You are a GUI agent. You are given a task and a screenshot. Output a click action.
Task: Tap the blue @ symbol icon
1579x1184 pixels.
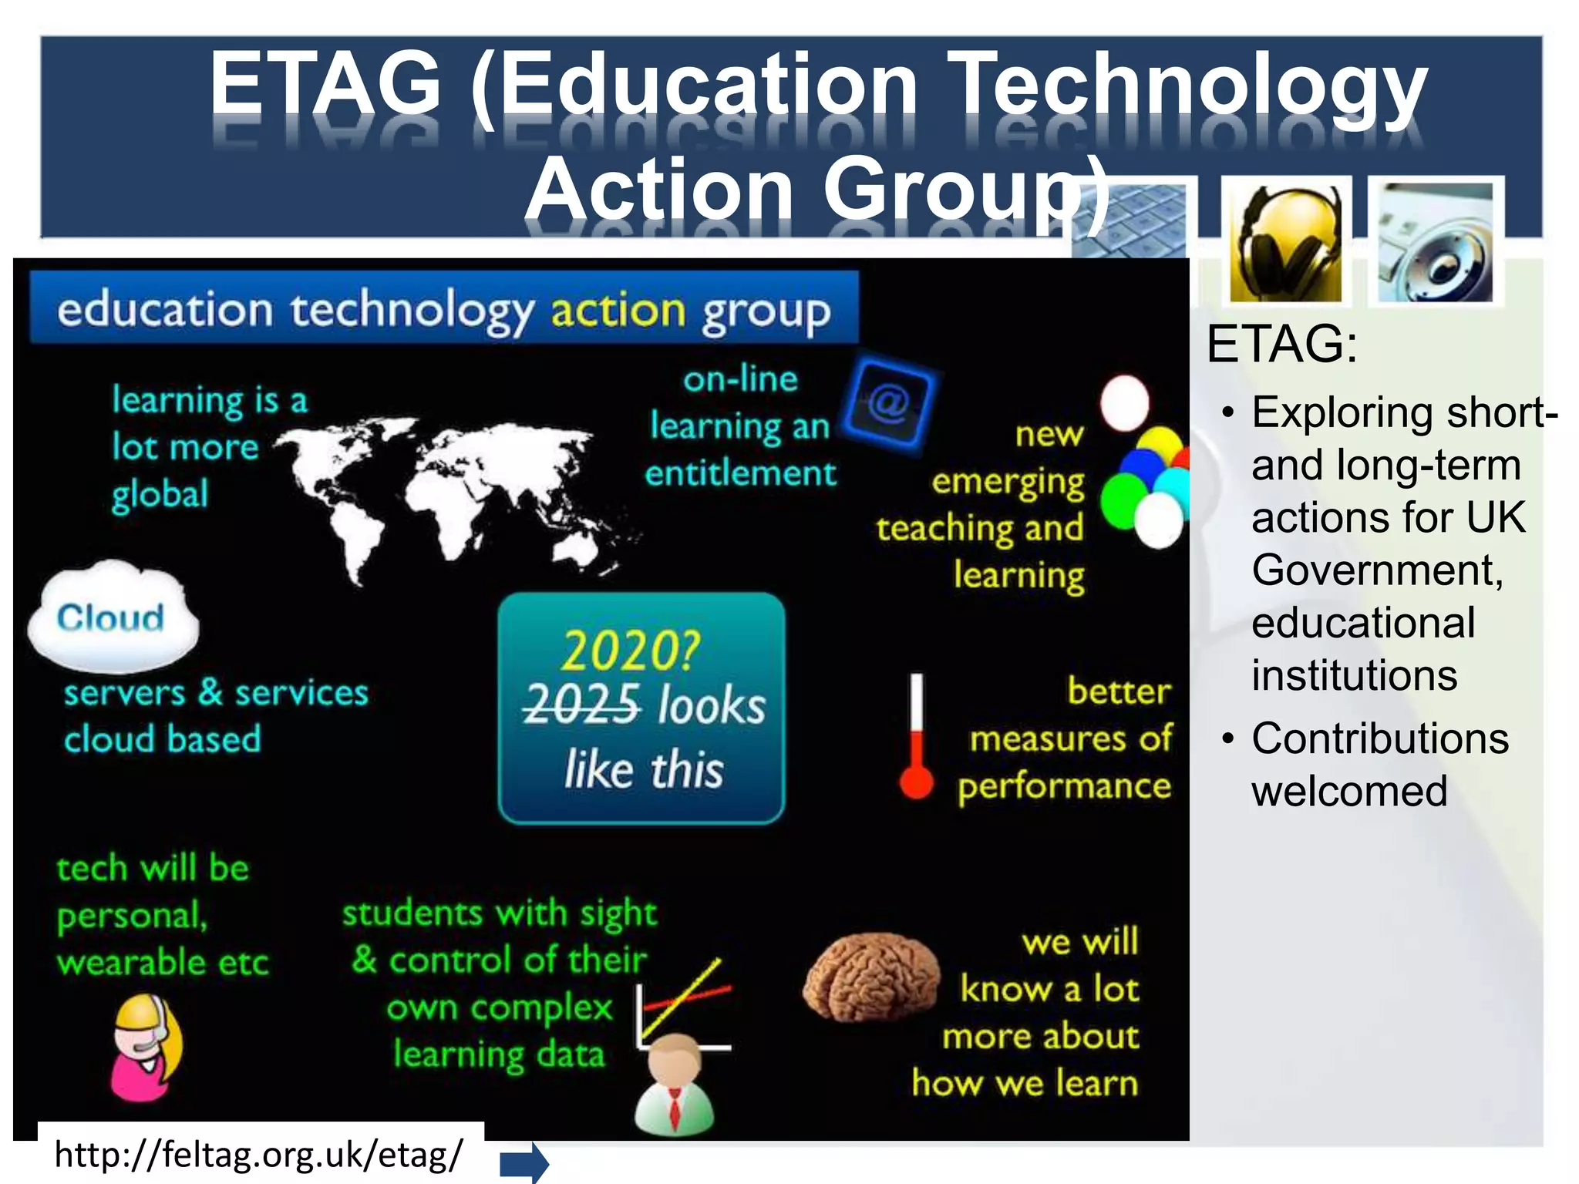tap(888, 402)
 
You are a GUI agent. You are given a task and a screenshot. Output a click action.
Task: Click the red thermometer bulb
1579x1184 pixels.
tap(916, 781)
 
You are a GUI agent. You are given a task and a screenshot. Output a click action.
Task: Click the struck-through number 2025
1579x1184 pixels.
tap(581, 705)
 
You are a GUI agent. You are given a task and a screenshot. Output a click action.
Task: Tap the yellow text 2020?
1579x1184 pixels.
tap(630, 651)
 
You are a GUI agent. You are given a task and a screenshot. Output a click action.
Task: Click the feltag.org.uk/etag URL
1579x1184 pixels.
tap(259, 1155)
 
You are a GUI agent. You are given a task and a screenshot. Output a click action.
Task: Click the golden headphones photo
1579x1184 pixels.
tap(1285, 244)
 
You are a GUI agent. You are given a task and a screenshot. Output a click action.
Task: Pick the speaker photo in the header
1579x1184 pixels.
tap(1435, 244)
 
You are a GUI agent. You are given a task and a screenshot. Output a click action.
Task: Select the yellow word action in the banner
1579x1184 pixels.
tap(618, 311)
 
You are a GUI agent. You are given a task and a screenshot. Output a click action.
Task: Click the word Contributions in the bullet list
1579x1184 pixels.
tap(1380, 738)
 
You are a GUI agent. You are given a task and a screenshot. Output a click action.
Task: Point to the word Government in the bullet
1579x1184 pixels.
tap(1377, 570)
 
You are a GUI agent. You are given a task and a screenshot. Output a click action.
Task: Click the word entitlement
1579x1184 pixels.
tap(740, 473)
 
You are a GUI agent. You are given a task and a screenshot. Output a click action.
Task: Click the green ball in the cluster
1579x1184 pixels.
tap(1122, 499)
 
